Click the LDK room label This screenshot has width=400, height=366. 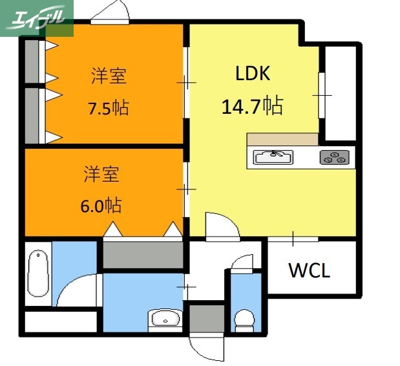(252, 74)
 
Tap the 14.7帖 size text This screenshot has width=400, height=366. (252, 105)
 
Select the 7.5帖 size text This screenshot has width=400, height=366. (108, 107)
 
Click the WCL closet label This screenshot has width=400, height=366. (309, 270)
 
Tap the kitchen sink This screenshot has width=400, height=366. (273, 157)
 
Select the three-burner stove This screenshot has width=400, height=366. (335, 157)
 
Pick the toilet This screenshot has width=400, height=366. (246, 319)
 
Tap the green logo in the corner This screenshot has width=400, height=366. (36, 18)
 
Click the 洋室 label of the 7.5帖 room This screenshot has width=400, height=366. (108, 76)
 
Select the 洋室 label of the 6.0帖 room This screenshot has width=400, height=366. (101, 175)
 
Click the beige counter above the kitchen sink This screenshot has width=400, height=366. (282, 139)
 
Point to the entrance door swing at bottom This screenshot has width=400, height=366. (205, 347)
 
